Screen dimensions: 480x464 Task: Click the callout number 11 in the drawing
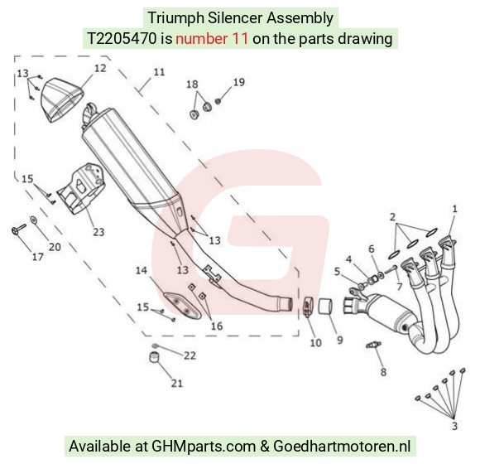(159, 72)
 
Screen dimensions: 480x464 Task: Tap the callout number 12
(100, 68)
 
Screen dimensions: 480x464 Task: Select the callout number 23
(98, 232)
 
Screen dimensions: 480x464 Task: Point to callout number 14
(142, 271)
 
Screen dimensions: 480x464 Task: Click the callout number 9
(340, 340)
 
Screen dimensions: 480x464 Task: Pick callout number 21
(177, 383)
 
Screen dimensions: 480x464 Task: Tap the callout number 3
(454, 426)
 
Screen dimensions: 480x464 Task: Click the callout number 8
(383, 372)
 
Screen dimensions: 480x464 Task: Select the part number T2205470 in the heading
(122, 39)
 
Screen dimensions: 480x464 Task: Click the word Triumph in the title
(175, 17)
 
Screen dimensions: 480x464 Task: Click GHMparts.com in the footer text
(204, 447)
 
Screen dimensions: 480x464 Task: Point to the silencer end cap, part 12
(62, 100)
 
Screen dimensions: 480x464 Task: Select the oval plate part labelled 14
(182, 306)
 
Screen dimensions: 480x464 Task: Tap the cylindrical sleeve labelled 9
(325, 307)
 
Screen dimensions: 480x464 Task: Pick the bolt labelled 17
(18, 230)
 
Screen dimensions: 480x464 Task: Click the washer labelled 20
(33, 220)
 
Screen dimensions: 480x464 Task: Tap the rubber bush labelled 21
(155, 357)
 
